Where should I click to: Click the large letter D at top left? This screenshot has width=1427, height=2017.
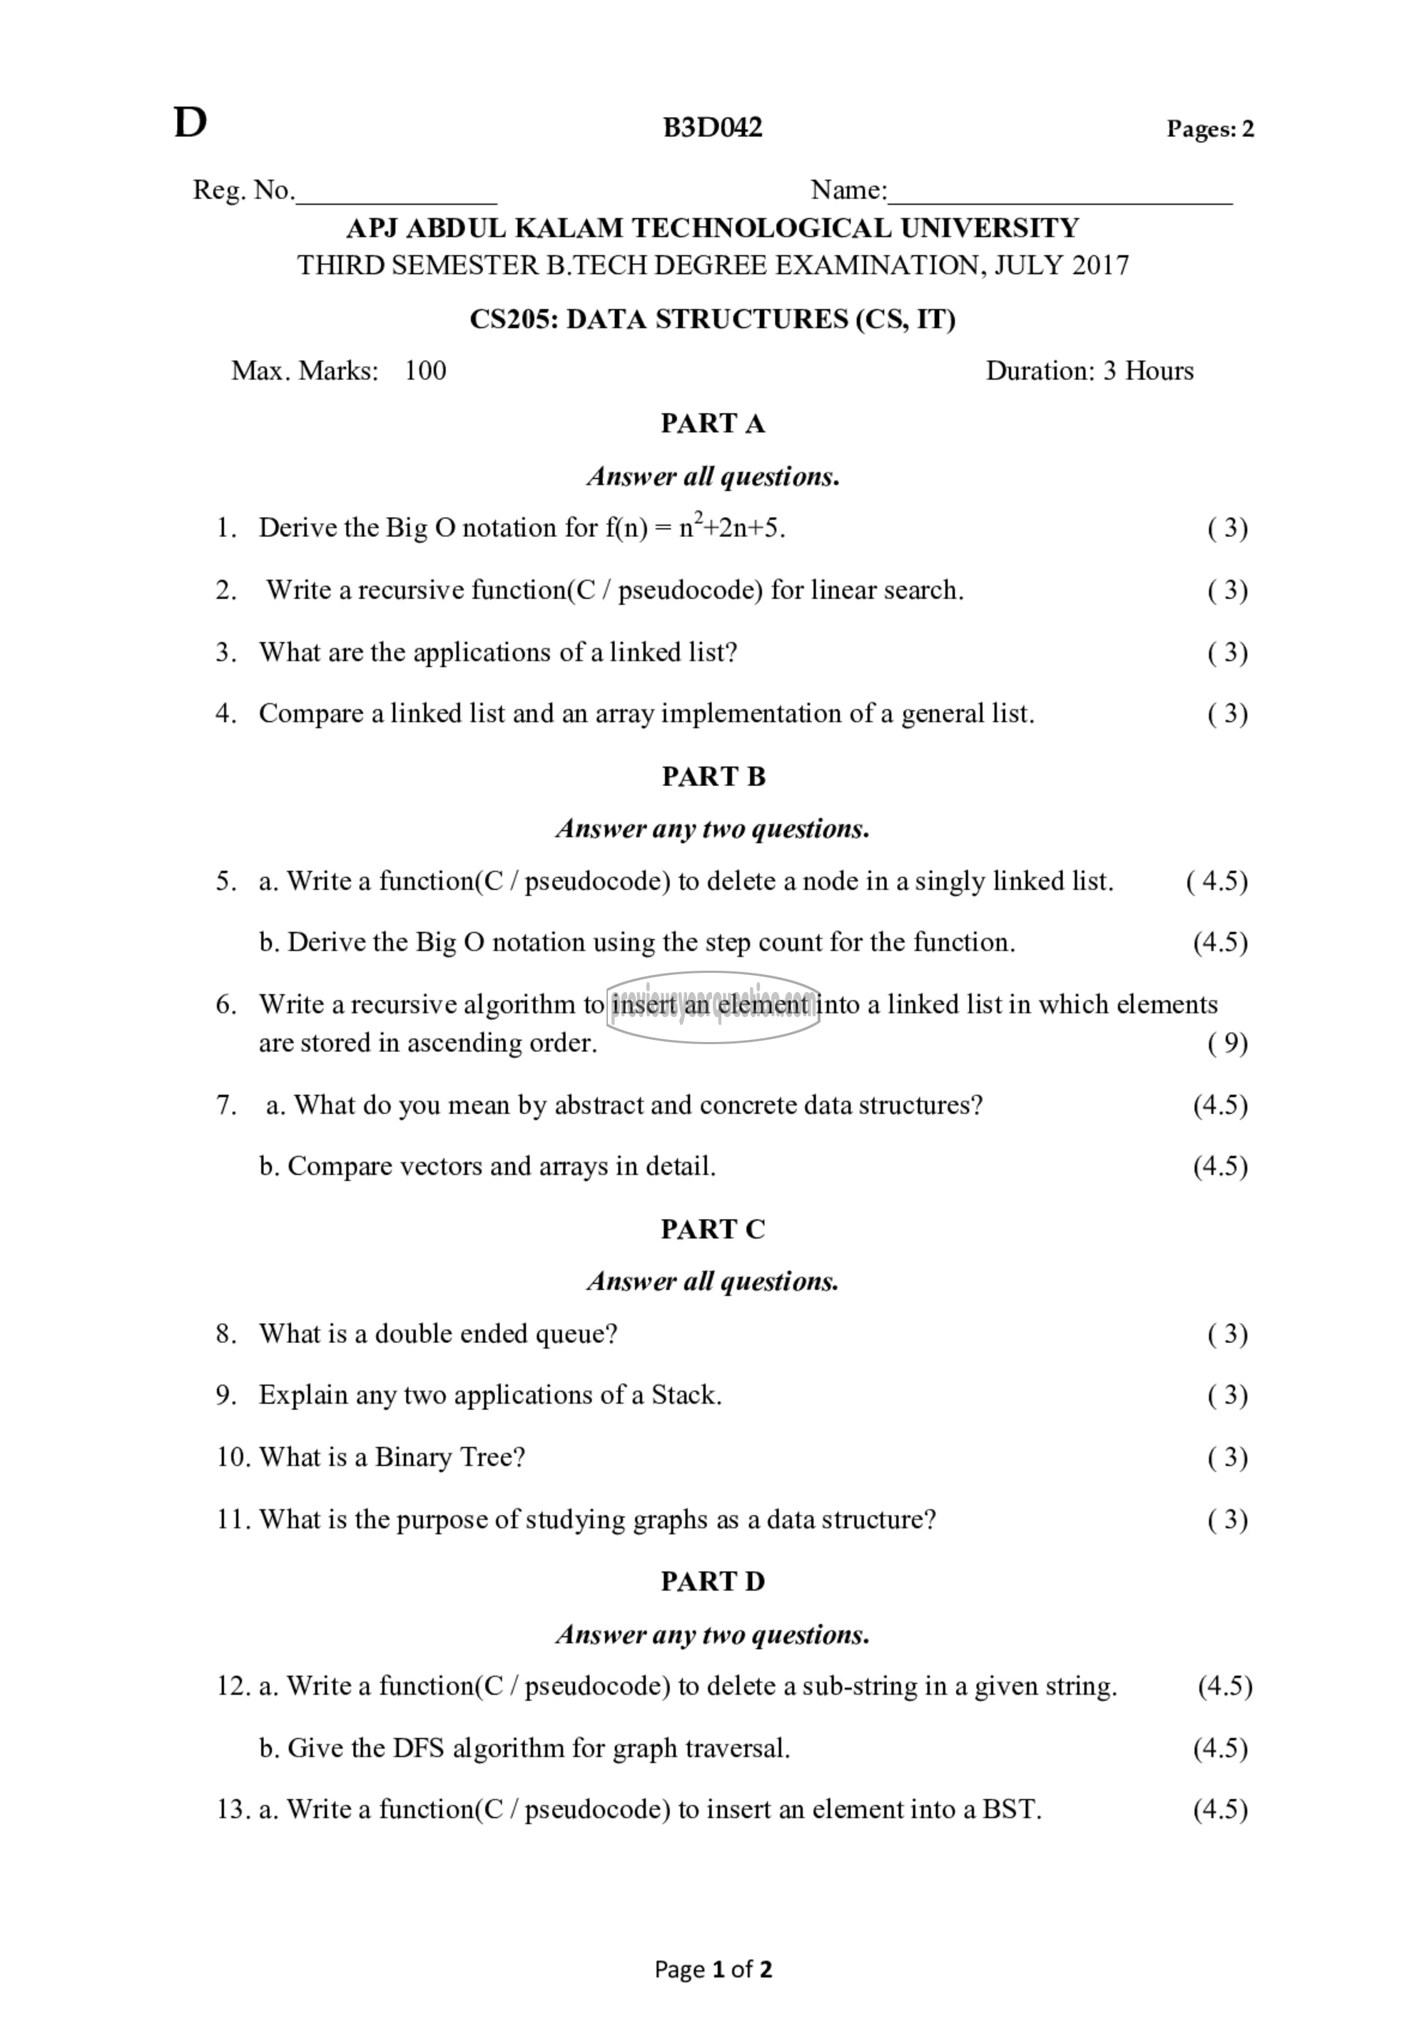[190, 124]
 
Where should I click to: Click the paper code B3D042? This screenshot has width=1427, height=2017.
[713, 128]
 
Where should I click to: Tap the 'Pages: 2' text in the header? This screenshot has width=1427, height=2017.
[1209, 129]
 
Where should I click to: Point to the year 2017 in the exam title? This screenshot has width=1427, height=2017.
[1100, 265]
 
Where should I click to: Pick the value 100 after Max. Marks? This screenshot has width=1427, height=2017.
[425, 371]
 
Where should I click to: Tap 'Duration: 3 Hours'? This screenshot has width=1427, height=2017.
[1089, 371]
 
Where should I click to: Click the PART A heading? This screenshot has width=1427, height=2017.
[713, 424]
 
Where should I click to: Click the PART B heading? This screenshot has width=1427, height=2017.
[713, 777]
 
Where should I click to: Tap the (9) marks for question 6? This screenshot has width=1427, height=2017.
[1227, 1043]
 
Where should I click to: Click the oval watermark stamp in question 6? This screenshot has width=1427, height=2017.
[713, 1007]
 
